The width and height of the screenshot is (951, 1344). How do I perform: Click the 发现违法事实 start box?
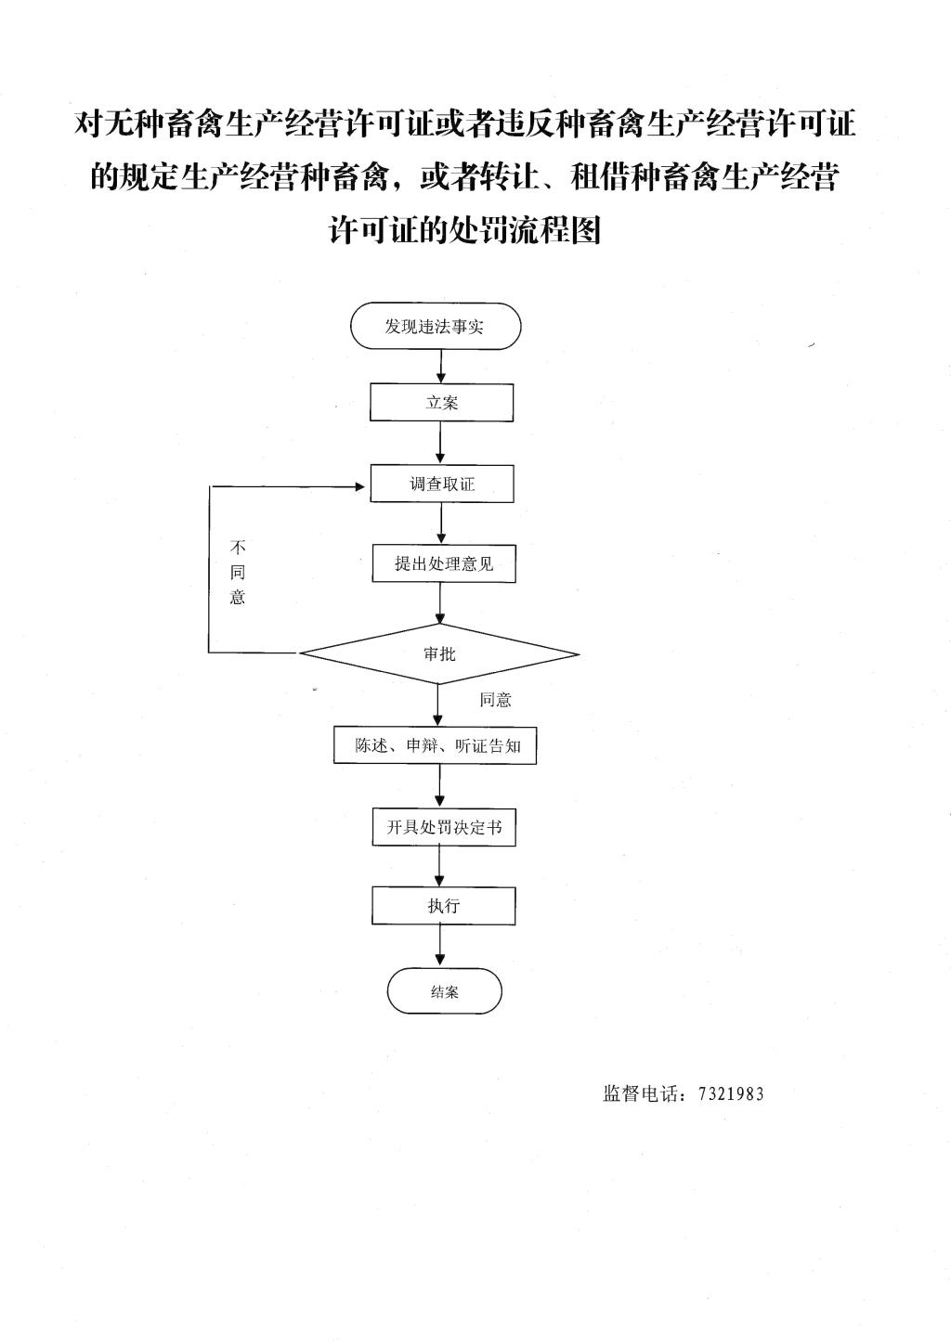point(435,327)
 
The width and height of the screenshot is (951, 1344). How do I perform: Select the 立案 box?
point(442,403)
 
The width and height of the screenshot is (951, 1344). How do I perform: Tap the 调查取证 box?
point(442,484)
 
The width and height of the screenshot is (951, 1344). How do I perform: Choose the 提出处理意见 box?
point(444,563)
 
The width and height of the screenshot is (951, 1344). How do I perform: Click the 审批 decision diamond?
point(439,653)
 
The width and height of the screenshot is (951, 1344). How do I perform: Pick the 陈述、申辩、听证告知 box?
point(435,745)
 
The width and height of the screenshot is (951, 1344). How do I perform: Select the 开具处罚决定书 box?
point(444,827)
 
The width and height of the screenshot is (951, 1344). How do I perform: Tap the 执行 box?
point(444,905)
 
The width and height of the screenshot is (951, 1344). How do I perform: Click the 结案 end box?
point(444,991)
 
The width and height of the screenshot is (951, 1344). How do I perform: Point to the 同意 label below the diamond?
point(495,700)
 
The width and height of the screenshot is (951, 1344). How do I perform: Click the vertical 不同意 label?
point(238,572)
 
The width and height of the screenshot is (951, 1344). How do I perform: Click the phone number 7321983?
point(730,1093)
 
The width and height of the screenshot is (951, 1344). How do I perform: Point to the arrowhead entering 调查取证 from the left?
point(363,485)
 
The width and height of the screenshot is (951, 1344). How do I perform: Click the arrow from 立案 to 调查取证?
point(441,443)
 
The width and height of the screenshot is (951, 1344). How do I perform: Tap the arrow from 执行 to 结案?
point(440,946)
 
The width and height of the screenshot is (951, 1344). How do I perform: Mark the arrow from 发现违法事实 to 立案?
point(441,367)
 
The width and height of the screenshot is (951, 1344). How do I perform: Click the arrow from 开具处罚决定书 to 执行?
point(440,866)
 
